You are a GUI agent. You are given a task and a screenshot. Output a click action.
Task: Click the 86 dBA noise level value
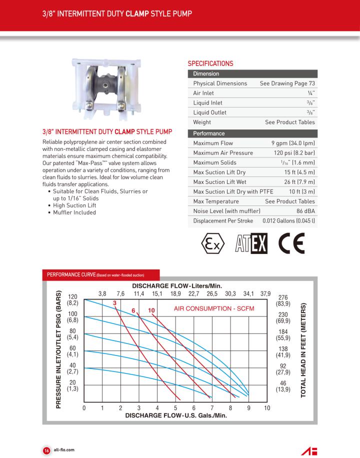(305, 210)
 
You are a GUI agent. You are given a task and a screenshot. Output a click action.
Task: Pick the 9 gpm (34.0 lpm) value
(293, 143)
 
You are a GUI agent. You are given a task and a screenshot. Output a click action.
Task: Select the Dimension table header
(206, 74)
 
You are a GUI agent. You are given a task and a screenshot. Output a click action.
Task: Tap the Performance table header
(209, 133)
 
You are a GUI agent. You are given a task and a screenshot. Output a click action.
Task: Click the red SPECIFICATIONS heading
(210, 63)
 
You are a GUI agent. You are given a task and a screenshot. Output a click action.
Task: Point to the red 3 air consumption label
(114, 303)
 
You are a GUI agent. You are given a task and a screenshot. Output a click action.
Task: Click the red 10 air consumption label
(151, 310)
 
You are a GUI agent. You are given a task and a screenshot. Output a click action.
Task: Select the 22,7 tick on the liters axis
(194, 293)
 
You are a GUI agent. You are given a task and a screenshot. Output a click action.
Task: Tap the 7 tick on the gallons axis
(212, 408)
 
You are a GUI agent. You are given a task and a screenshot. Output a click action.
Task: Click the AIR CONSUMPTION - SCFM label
(214, 308)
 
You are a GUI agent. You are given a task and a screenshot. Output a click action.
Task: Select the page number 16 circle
(45, 450)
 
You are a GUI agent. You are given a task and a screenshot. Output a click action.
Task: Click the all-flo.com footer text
(64, 450)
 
